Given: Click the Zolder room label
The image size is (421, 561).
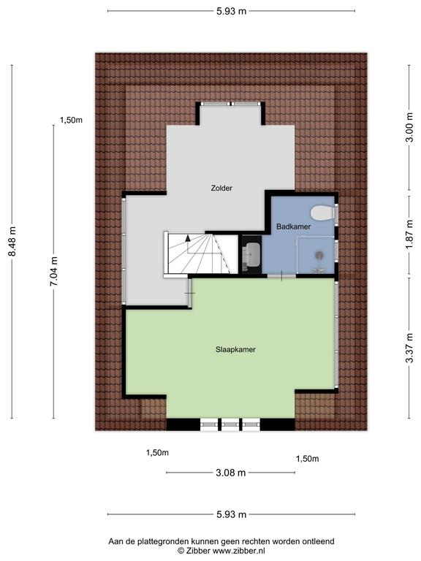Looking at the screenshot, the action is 221,188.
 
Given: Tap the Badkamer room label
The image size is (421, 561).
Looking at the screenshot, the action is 293,226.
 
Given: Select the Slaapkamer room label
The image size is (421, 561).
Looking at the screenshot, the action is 235,350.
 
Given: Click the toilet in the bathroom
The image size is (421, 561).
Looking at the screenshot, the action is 322,213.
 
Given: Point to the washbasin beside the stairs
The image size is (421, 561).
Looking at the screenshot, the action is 252,254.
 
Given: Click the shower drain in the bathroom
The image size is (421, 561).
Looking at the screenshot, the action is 319,255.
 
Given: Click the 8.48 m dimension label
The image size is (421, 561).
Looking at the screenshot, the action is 12,242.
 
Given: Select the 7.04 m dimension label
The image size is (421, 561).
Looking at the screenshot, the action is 53,272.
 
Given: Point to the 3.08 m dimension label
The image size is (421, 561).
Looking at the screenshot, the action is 231,473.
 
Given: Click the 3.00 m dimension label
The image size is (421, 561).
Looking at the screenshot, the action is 409,127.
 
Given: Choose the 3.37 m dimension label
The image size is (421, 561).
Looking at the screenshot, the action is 409,348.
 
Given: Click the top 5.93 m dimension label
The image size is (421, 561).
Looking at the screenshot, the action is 231,11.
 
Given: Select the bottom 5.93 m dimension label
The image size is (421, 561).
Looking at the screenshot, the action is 231,514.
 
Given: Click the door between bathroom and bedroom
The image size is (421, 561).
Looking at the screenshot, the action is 281,276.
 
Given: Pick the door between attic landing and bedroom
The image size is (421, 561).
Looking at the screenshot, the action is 190,293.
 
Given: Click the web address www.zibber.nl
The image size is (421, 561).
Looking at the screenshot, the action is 239,551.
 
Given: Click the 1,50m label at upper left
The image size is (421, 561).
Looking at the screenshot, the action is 71,121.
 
